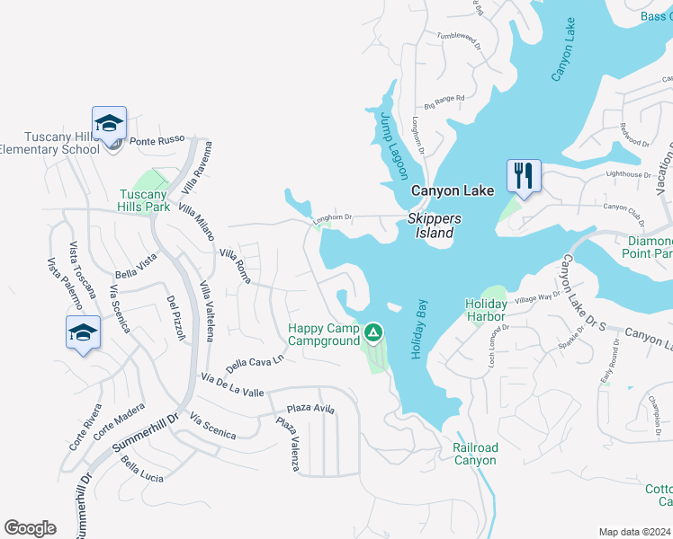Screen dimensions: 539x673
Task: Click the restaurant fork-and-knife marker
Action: coord(523,173)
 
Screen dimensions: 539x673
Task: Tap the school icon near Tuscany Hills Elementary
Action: coord(109,123)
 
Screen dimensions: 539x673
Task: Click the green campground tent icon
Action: coord(373,334)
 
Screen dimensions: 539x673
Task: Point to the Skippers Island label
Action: coord(435,225)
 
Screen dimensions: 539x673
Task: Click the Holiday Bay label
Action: coord(419,331)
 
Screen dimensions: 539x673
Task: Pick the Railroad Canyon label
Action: coord(474,454)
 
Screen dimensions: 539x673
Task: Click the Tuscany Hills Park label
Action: coord(145,200)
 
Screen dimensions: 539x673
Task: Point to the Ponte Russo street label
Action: coord(157,139)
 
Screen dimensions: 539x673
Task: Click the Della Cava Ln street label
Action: coord(255,363)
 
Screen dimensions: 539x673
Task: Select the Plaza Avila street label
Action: coord(311,408)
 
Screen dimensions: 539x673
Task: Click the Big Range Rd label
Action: coord(444,98)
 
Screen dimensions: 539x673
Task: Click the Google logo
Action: coord(30,528)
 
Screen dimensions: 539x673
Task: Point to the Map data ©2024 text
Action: coord(634,532)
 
